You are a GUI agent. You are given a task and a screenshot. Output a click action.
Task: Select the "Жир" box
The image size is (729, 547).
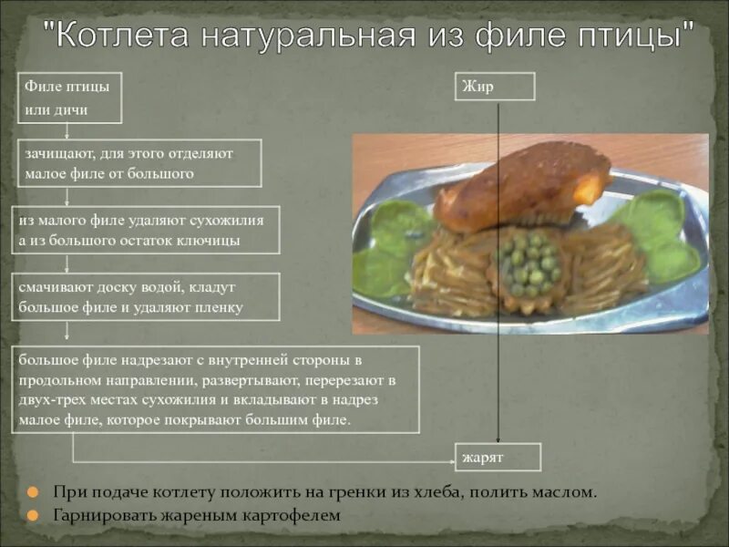coord(495,87)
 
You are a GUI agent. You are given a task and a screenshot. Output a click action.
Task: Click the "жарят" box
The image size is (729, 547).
coord(498,457)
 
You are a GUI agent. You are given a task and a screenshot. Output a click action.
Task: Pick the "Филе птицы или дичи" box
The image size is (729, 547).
coord(69,98)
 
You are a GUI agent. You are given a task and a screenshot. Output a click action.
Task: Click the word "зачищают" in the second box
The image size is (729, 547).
coord(58,153)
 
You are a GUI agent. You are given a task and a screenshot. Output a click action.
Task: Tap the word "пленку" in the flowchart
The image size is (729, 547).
coord(218,307)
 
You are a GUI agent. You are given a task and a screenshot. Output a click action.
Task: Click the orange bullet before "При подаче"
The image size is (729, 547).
coord(33,492)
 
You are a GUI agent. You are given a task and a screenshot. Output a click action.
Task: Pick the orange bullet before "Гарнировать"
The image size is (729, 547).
coord(33,515)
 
